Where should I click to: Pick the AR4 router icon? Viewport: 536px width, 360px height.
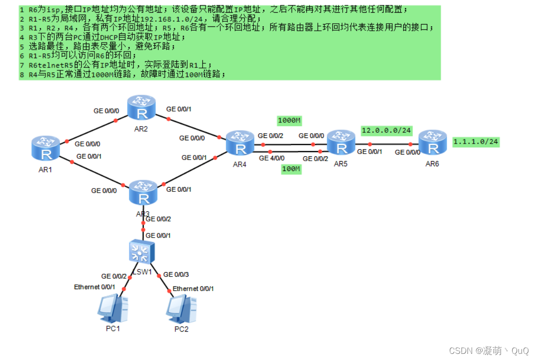coord(241,143)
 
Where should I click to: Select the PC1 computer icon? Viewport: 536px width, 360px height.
coord(112,309)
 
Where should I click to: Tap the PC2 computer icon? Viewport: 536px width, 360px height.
coord(181,309)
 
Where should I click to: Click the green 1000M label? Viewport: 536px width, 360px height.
coord(289,120)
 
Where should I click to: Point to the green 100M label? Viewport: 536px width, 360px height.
coord(291,169)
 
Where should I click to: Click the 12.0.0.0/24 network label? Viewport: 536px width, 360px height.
coord(386,130)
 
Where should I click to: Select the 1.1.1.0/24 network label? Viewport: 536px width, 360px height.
coord(475,141)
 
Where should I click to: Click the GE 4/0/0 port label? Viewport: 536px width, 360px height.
coord(271,158)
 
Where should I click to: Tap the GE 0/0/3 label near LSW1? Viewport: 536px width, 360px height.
coord(176,274)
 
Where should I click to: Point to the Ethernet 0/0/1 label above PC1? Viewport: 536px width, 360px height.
coord(95,287)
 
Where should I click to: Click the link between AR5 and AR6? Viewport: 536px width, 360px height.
coord(390,144)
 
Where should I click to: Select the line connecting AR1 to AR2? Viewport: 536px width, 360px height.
coord(92,130)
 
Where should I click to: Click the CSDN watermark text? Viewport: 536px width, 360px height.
coord(489,351)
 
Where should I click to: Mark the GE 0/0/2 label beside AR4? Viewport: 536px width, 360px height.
coord(270,136)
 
